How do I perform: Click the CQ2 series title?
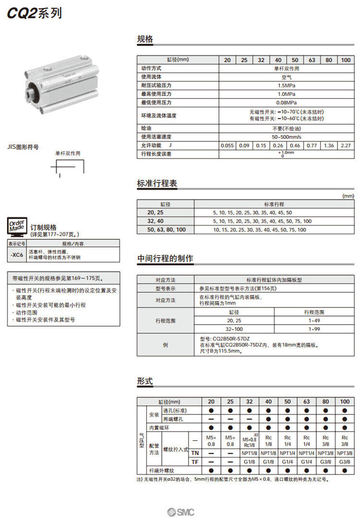tap(34, 13)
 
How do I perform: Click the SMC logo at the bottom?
tap(181, 511)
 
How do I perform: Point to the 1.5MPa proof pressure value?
tap(286, 85)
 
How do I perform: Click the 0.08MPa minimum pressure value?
tap(286, 103)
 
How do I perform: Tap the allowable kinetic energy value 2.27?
tap(345, 145)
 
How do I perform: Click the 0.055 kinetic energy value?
tap(227, 145)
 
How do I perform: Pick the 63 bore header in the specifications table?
tap(312, 60)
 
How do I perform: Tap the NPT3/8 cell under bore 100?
tap(345, 453)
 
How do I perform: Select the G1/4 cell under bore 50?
tap(287, 462)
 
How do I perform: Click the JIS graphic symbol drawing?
tap(68, 169)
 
